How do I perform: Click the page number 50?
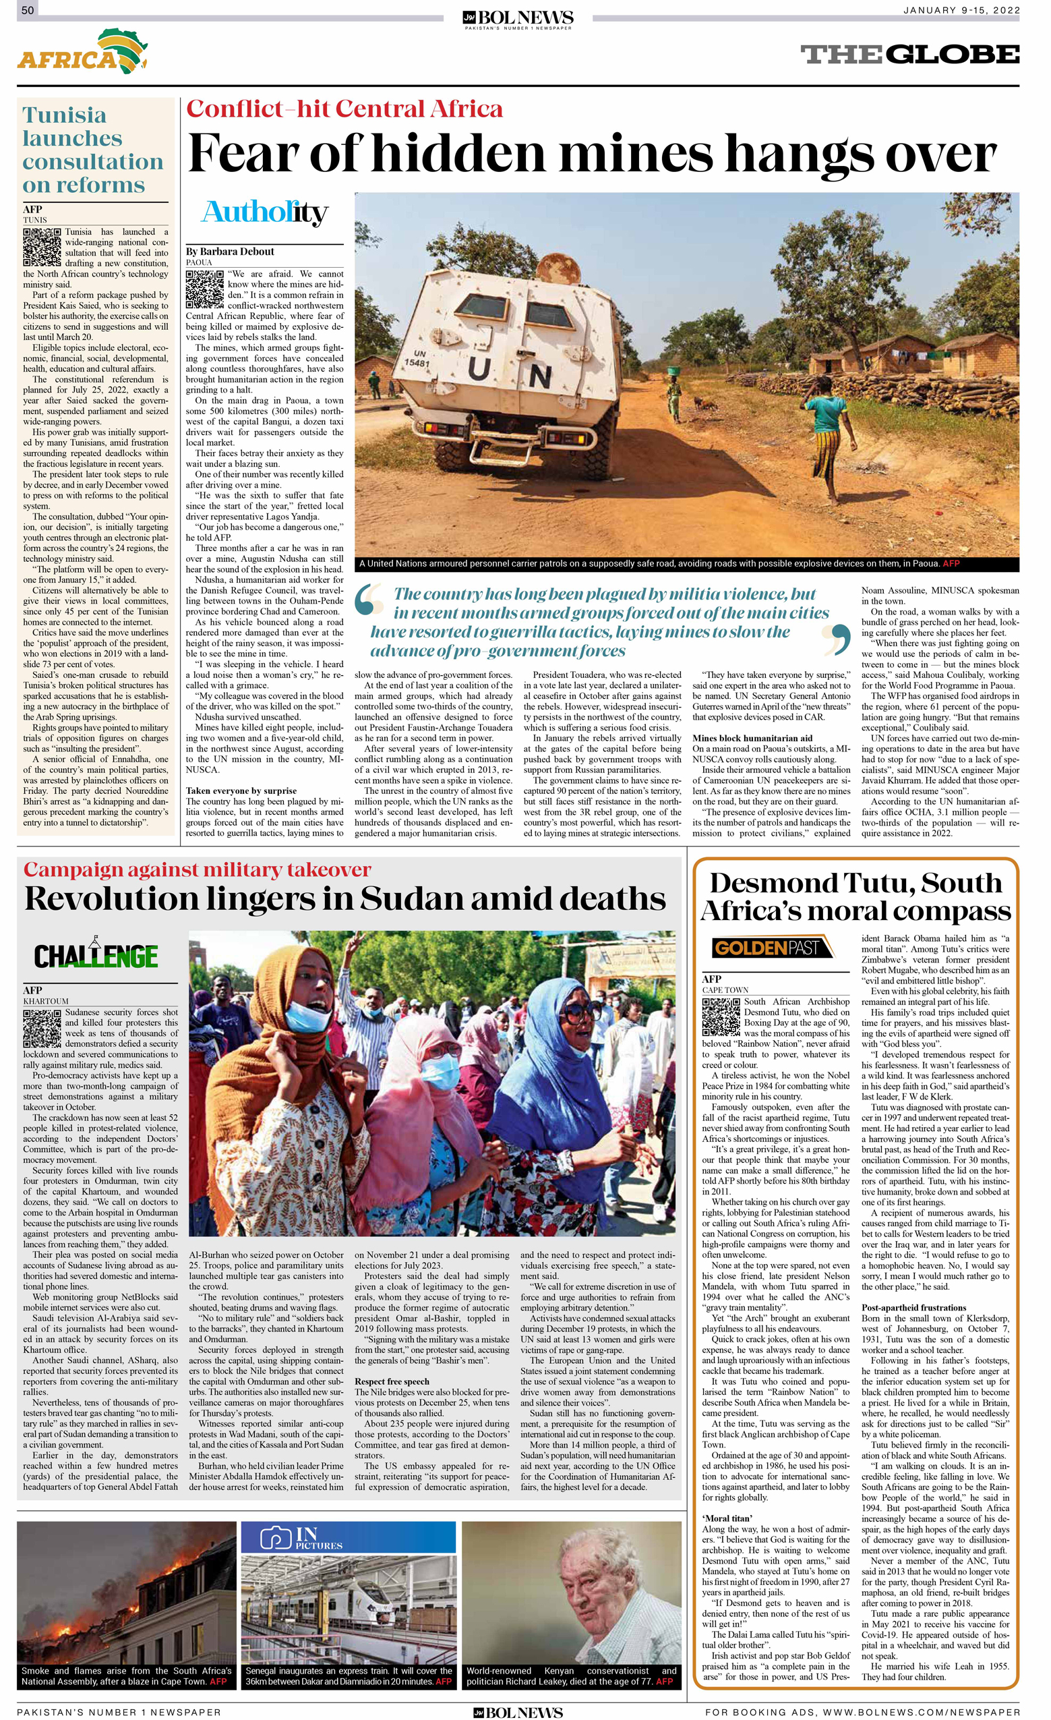(x=28, y=9)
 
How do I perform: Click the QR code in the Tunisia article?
(x=42, y=246)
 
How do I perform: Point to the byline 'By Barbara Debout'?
(x=230, y=252)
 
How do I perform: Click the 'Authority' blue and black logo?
(x=264, y=212)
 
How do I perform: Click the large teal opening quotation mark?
(x=370, y=602)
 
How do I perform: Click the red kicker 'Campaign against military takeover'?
(x=197, y=869)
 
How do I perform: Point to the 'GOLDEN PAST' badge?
(x=772, y=947)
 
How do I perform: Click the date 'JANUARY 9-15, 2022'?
(x=961, y=9)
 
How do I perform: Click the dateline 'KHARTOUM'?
(x=45, y=1001)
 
